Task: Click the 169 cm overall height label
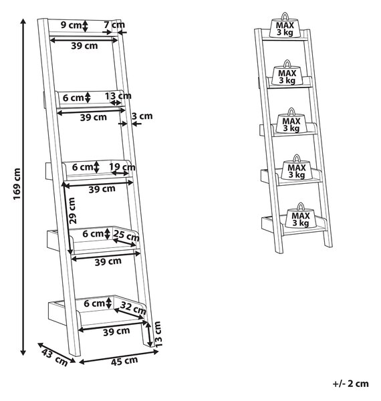17,184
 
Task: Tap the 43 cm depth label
55,358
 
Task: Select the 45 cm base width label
124,361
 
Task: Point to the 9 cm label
71,25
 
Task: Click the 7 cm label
114,25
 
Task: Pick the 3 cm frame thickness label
142,116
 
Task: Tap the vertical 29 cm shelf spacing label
72,211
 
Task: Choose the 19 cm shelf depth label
122,167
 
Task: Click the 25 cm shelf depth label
126,235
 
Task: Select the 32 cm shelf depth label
133,308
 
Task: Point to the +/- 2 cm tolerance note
350,384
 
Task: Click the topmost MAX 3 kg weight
285,25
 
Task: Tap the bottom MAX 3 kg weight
301,216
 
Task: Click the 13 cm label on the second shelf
118,96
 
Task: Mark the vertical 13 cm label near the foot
158,334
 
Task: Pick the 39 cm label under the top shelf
84,45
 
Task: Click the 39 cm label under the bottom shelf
116,331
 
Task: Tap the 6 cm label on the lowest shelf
94,303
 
